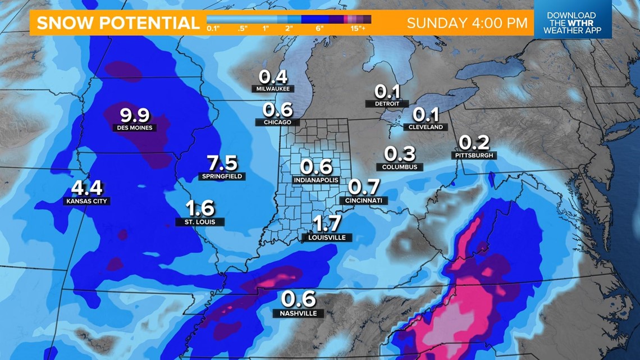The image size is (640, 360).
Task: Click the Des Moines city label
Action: coord(135,127)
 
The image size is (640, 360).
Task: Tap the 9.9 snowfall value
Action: coord(135,115)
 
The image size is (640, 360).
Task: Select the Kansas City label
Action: coord(86,201)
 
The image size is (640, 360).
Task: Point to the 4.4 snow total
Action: coord(86,188)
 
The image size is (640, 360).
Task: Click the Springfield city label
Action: coord(222,176)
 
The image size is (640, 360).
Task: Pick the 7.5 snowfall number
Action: coord(222,163)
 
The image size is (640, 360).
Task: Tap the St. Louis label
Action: coord(200,222)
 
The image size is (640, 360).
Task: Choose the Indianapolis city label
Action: coord(316,180)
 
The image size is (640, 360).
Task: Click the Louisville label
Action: coord(327,238)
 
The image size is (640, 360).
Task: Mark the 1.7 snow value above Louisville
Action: coord(327,224)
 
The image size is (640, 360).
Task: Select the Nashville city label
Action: coord(299,313)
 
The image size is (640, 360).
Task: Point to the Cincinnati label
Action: coord(364,200)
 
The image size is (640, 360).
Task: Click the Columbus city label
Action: coord(400,167)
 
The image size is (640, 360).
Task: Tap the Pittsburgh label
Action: coord(474,156)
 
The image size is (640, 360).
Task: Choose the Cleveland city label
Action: coord(426,127)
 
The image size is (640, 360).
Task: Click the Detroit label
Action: coord(387,104)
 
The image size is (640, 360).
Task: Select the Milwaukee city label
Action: coord(273,89)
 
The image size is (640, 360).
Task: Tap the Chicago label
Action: coord(277,122)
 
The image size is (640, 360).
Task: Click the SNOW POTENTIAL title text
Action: coord(118,23)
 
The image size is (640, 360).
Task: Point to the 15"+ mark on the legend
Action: coord(358,28)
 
